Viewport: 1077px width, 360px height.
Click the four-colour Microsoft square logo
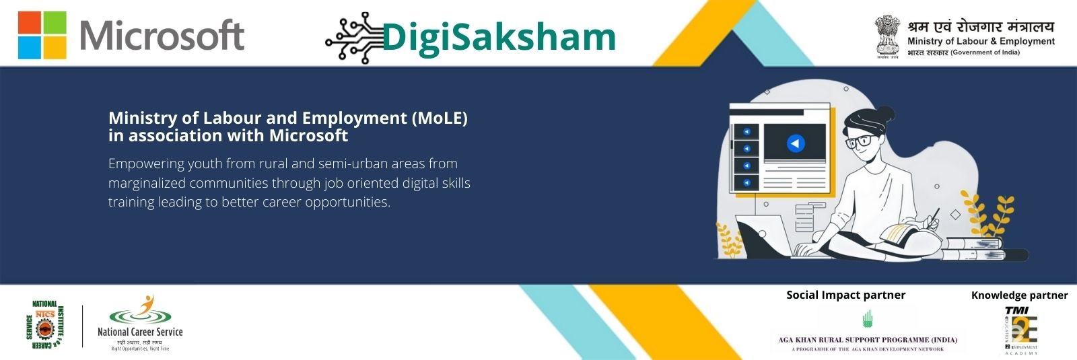pos(42,35)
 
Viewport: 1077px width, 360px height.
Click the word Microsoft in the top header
pos(162,36)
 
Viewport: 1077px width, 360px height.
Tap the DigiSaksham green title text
pos(499,37)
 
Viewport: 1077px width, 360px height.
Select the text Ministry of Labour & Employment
pos(981,41)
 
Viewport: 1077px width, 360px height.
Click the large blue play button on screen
pos(796,143)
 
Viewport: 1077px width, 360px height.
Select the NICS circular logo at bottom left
pos(44,326)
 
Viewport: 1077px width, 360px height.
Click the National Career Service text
pos(140,332)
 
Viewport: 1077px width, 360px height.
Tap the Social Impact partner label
pos(845,295)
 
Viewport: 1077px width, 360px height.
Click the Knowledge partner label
pos(1019,295)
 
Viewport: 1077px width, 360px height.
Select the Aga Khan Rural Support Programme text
pos(868,340)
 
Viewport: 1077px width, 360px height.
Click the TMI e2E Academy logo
pos(1021,330)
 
